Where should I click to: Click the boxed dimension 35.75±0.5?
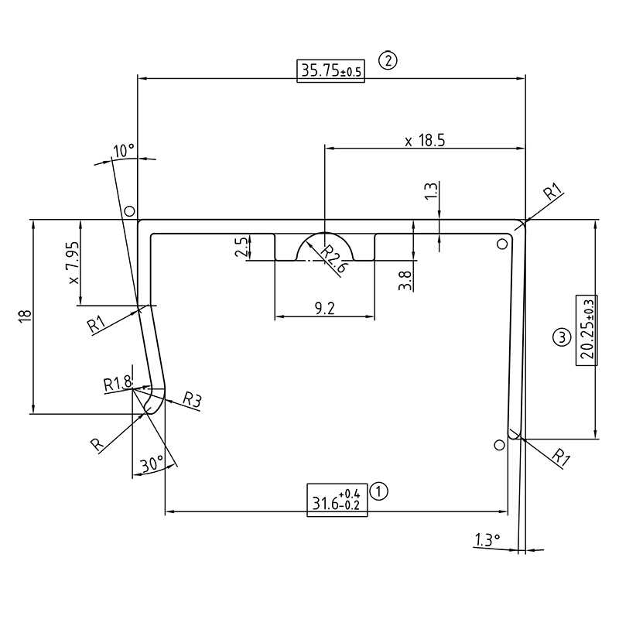coord(330,70)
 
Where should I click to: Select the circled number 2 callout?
coord(387,60)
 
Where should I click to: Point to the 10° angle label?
coord(124,149)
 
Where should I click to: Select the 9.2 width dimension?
coord(325,309)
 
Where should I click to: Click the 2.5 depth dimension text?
coord(241,248)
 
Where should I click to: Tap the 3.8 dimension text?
coord(404,275)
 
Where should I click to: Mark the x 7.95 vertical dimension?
coord(73,262)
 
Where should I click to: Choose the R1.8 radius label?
coord(118,382)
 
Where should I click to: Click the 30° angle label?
coord(152,464)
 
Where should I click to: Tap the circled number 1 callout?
coord(379,490)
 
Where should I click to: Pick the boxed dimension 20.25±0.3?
coord(587,330)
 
